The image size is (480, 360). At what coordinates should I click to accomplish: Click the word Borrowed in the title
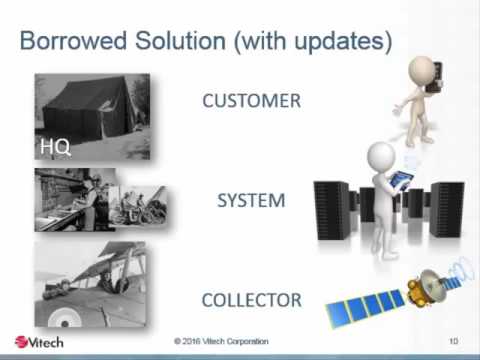[73, 41]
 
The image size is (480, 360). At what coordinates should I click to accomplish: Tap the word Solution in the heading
[180, 41]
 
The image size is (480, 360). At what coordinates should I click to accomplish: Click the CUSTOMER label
[252, 101]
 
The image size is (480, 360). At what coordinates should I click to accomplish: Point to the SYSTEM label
[251, 200]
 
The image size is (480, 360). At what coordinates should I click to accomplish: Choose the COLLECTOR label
[252, 300]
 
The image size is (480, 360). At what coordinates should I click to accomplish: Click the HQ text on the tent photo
[55, 147]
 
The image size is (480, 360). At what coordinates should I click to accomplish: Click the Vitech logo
[39, 342]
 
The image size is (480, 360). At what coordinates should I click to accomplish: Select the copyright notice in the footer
[221, 341]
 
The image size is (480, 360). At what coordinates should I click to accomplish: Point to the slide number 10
[453, 341]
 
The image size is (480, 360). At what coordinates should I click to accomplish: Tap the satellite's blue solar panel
[365, 307]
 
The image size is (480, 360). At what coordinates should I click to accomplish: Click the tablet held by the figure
[402, 180]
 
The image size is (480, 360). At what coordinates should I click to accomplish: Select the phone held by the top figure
[435, 77]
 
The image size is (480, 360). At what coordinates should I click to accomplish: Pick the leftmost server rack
[332, 211]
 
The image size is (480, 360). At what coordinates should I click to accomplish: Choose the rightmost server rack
[447, 209]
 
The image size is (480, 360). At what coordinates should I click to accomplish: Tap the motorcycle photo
[141, 206]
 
